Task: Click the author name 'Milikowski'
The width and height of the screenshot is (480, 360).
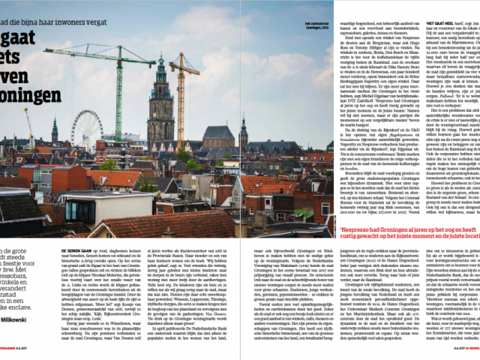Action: click(x=25, y=320)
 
